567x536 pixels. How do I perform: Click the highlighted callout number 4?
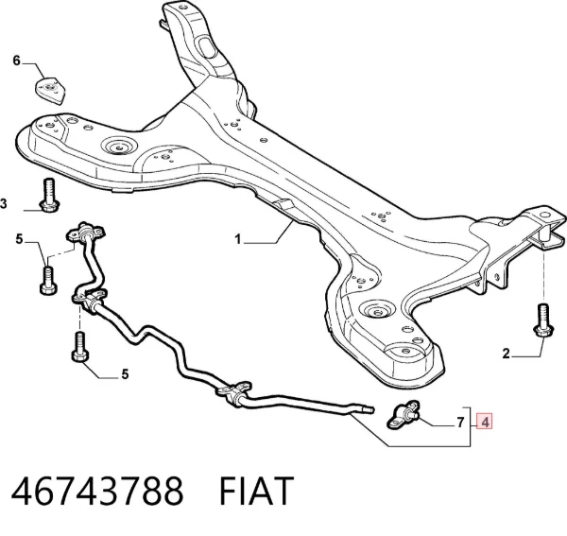[x=485, y=422]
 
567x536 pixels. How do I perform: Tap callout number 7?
[x=460, y=422]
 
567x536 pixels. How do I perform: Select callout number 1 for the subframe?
[x=237, y=239]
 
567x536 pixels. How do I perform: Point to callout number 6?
[x=16, y=61]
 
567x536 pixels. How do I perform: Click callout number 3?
[x=3, y=204]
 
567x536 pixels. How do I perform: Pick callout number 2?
[x=506, y=353]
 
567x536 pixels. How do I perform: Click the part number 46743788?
[x=97, y=491]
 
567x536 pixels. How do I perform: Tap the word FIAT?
[x=256, y=491]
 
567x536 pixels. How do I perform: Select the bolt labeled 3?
[x=49, y=196]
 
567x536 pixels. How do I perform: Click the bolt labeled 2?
[x=543, y=320]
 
